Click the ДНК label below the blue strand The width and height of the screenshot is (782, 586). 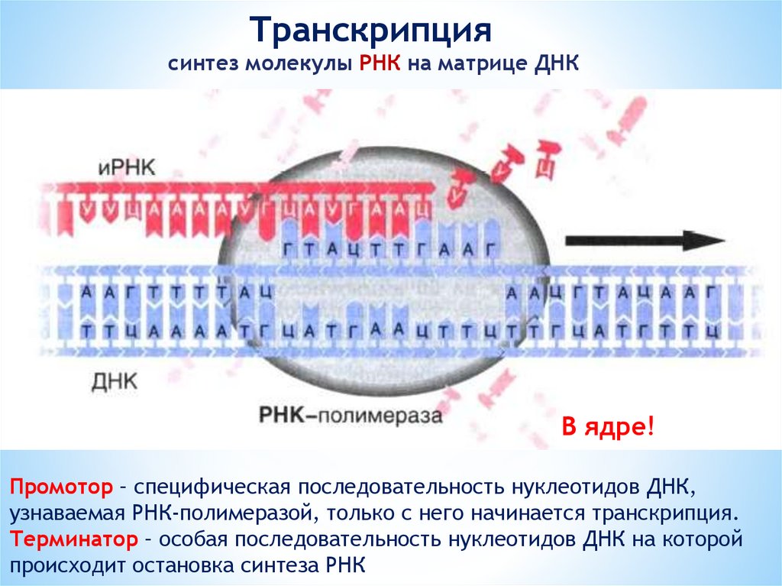(x=115, y=380)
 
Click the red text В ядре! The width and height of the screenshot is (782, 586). (x=608, y=427)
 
